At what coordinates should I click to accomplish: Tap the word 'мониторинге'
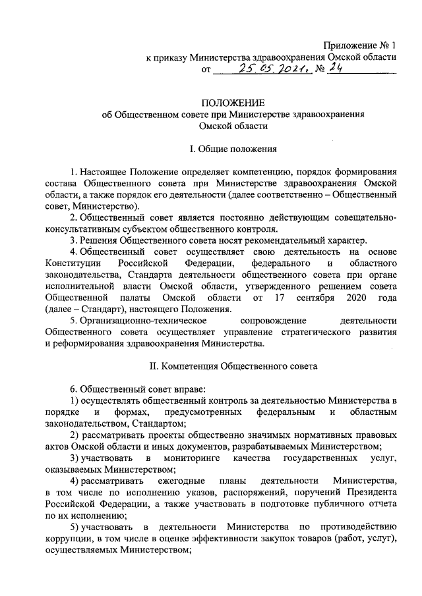pyautogui.click(x=196, y=458)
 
